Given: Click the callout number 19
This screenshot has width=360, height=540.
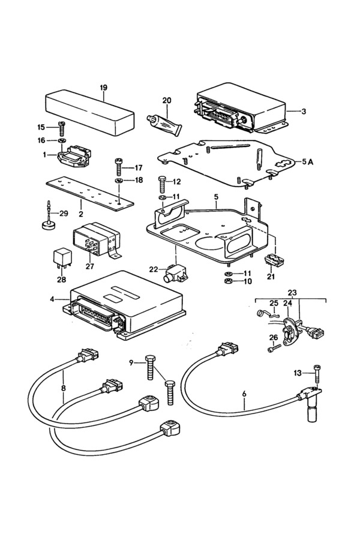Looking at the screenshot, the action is [103, 88].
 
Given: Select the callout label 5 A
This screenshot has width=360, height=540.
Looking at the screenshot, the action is [307, 161].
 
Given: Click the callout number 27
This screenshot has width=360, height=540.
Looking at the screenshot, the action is [89, 266].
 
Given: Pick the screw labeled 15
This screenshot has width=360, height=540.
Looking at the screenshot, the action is [62, 128].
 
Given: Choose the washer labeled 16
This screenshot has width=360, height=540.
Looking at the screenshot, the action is [62, 140].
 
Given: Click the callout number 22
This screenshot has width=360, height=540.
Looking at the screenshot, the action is [154, 269].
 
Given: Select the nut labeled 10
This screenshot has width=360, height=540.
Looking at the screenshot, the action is [227, 281].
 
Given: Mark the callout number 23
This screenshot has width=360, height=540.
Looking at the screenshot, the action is [292, 293].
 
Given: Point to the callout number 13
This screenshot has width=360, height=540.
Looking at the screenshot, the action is [298, 373].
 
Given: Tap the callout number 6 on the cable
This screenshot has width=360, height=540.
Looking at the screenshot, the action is [244, 394].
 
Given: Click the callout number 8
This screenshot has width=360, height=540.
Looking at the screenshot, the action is [64, 388].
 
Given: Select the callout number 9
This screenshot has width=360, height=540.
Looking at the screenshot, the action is [131, 362].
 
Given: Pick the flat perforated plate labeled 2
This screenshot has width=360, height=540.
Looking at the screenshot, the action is [89, 194].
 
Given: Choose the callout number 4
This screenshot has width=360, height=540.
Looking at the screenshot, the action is [52, 299].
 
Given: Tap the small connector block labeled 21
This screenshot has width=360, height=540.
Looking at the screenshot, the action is [274, 260].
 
